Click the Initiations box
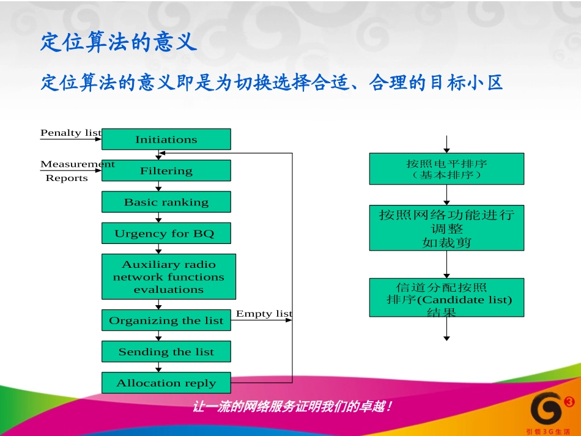[x=166, y=139]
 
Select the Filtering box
[x=166, y=171]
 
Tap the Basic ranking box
[x=166, y=202]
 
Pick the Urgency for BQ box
[x=166, y=233]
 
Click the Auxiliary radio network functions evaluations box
[x=168, y=276]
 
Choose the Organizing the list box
[x=166, y=320]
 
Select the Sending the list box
[x=166, y=352]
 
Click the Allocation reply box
[x=166, y=383]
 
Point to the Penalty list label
[x=70, y=133]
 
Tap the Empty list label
[x=264, y=314]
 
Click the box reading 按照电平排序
[x=446, y=169]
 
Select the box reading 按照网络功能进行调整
[x=446, y=228]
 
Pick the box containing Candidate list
[x=446, y=298]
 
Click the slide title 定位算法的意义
[x=119, y=42]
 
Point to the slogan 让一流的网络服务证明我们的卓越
[x=292, y=406]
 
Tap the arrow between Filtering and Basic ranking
[x=158, y=187]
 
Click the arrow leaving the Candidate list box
[x=446, y=328]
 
